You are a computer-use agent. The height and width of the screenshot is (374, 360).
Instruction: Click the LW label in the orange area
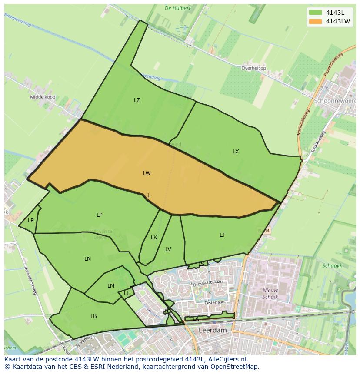(x=147, y=173)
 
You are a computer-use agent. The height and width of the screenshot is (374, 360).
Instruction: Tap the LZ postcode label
(x=137, y=100)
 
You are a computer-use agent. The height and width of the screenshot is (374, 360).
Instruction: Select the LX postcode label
(x=236, y=152)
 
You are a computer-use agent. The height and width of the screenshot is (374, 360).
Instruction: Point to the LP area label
(x=100, y=215)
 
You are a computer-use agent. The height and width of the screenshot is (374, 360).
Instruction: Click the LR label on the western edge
(x=31, y=221)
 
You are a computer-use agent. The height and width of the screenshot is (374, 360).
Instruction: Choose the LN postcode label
(x=88, y=259)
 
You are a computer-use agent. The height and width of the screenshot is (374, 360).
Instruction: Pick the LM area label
(x=111, y=286)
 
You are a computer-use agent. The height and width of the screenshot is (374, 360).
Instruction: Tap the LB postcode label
(x=93, y=316)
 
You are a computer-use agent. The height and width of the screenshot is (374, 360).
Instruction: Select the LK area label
(x=154, y=238)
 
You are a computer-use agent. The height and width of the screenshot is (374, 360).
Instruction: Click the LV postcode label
(x=168, y=249)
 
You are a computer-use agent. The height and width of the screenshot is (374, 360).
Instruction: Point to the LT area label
(x=222, y=235)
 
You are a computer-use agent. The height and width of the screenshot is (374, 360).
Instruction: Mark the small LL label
(x=127, y=293)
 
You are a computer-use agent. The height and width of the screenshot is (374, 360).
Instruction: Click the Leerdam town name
(x=213, y=330)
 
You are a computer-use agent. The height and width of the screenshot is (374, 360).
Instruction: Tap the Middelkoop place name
(x=43, y=97)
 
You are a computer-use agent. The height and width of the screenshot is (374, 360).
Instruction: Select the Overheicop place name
(x=253, y=68)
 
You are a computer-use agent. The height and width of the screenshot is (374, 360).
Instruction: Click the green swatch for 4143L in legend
(x=315, y=13)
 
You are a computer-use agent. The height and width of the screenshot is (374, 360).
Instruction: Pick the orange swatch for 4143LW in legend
(x=315, y=21)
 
